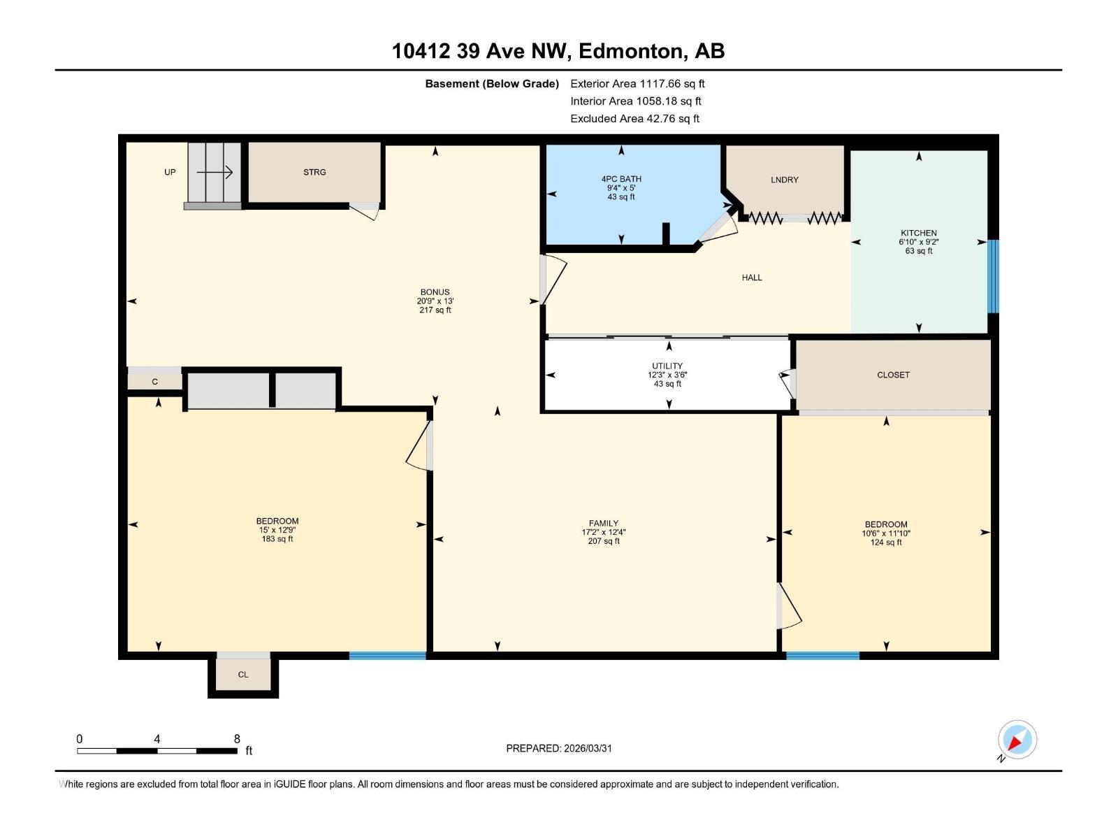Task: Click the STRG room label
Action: coord(314,172)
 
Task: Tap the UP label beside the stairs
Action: coord(170,172)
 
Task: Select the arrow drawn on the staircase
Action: coord(215,172)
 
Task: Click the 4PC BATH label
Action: coord(620,179)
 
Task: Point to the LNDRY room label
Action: coord(784,180)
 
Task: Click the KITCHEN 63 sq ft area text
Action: coord(918,251)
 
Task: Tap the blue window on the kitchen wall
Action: coord(993,276)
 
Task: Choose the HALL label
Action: coord(752,278)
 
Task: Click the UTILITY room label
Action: coord(667,366)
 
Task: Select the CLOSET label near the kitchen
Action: coord(893,375)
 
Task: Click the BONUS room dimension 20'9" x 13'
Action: coord(435,301)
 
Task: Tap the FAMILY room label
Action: coord(603,523)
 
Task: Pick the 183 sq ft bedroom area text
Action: coord(277,539)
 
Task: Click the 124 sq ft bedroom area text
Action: coord(885,543)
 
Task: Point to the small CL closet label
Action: coord(243,675)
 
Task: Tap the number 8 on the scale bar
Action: coord(237,739)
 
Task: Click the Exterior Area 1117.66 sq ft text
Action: coord(637,83)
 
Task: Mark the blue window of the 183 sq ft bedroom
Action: coord(387,656)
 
